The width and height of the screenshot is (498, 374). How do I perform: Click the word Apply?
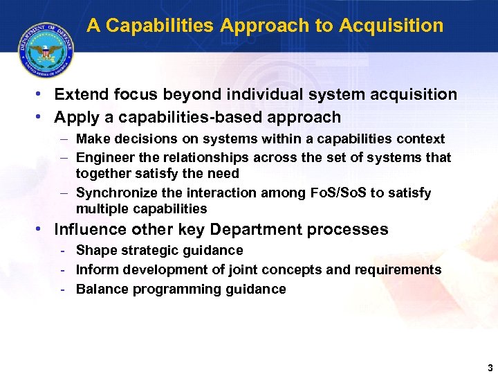75,117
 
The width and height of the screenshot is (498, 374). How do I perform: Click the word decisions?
145,139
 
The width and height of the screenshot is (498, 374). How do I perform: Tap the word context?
421,139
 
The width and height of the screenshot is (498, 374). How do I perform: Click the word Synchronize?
115,193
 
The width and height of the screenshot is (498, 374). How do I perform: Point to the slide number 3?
489,368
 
